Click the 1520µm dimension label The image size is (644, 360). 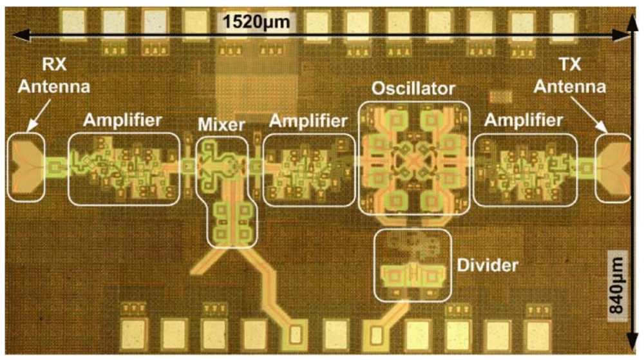coord(256,22)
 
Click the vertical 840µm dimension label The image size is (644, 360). coord(618,285)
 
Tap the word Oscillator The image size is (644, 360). coord(413,89)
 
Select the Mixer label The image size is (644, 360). coord(222,124)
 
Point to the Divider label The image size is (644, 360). coord(488,265)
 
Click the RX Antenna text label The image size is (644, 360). coord(54,75)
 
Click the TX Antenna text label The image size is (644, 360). coord(570,75)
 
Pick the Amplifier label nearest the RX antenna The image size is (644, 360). coord(122,120)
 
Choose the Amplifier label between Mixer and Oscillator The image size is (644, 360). coord(308,120)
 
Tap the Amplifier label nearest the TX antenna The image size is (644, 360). coord(523,120)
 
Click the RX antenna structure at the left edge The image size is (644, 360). coord(26,167)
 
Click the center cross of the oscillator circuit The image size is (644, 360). coord(413,160)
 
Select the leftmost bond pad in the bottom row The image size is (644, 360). coord(134,334)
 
